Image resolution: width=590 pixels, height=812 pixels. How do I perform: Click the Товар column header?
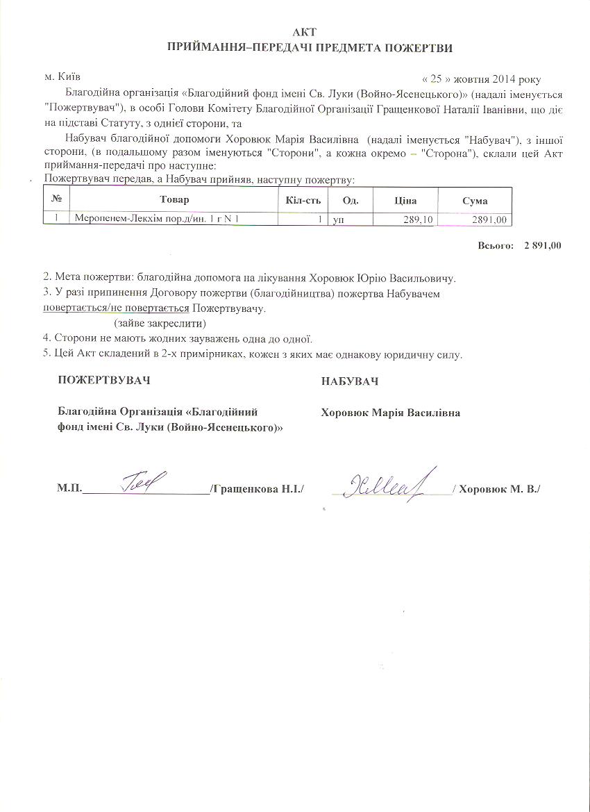point(174,201)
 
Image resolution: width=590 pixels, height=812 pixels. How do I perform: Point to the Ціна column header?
point(405,201)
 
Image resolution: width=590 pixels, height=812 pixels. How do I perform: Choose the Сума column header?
point(475,201)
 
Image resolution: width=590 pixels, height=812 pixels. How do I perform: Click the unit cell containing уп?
point(339,219)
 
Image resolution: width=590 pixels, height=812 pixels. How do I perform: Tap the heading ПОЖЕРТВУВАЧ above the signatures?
point(103,381)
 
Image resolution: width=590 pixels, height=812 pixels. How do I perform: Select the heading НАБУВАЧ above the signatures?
point(350,381)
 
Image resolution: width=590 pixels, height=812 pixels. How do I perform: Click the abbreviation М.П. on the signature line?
point(69,490)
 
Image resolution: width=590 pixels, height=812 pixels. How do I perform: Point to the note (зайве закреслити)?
point(160,324)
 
